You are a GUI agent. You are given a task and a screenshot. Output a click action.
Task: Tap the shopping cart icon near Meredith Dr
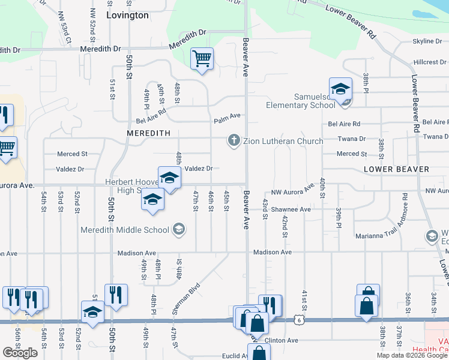[x=202, y=59]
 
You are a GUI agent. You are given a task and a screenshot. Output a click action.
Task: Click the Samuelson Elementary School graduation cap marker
[x=340, y=89]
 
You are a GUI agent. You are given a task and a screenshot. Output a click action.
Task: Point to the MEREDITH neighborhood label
[x=149, y=133]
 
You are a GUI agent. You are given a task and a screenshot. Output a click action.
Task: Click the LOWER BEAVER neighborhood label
[x=397, y=170]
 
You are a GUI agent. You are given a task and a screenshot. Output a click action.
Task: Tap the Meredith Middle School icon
[x=178, y=229]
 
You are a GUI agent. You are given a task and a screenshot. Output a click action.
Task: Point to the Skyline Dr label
[x=427, y=41]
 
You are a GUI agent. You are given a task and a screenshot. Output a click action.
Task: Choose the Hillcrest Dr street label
[x=429, y=62]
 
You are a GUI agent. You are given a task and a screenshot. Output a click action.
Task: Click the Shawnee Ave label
[x=291, y=209]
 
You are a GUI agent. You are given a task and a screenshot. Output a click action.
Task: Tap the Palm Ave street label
[x=228, y=115]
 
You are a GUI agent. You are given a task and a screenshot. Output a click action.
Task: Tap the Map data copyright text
[x=412, y=355]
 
